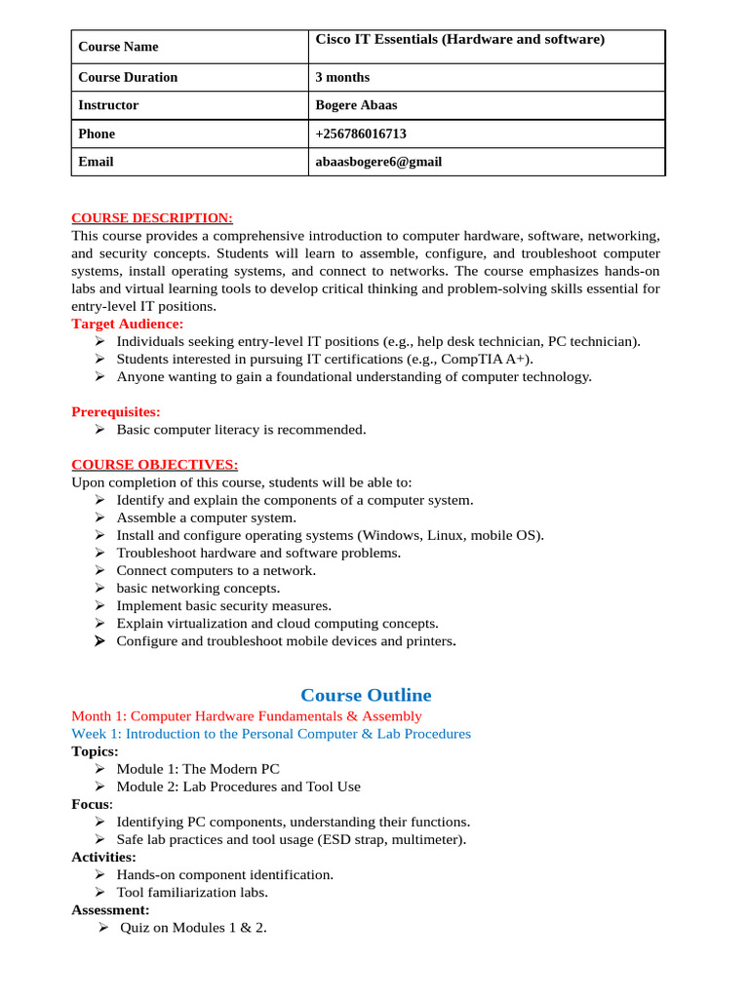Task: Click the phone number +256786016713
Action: [361, 134]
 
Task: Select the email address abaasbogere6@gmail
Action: [378, 162]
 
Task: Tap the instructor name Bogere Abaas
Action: [356, 105]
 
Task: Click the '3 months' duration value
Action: [342, 77]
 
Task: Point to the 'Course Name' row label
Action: [118, 47]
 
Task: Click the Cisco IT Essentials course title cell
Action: [460, 39]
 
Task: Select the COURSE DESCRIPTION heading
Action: [152, 218]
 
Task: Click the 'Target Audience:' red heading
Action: [127, 324]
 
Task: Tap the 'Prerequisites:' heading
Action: [116, 411]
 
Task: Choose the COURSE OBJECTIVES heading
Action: [154, 464]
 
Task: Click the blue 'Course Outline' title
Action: [366, 695]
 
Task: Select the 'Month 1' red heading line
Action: [247, 716]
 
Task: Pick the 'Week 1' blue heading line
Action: [271, 734]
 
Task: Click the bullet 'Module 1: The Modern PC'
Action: [198, 769]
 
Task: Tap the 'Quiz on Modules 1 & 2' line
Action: [193, 927]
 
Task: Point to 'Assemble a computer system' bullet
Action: [206, 518]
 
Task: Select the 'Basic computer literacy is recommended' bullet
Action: [241, 429]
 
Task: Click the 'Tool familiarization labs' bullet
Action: [192, 892]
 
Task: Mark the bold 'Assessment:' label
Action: [110, 909]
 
